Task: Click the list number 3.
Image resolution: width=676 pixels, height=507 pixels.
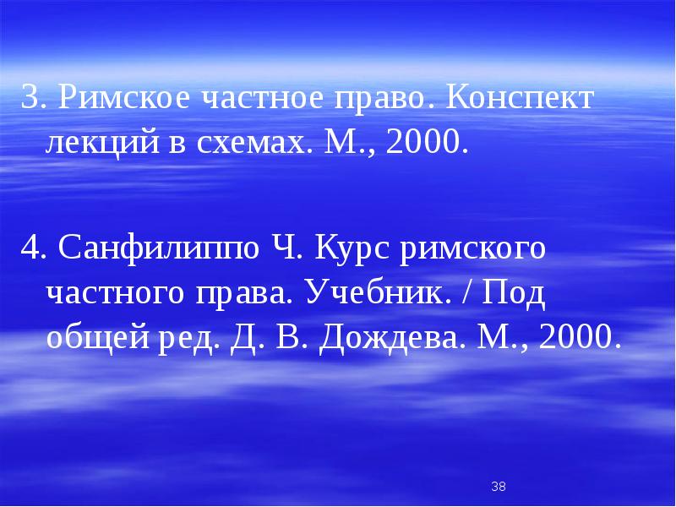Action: click(30, 99)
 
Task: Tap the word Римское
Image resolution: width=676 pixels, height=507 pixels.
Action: click(115, 99)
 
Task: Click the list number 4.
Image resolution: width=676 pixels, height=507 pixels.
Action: click(30, 251)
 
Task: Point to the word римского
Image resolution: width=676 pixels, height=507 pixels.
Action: click(475, 251)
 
